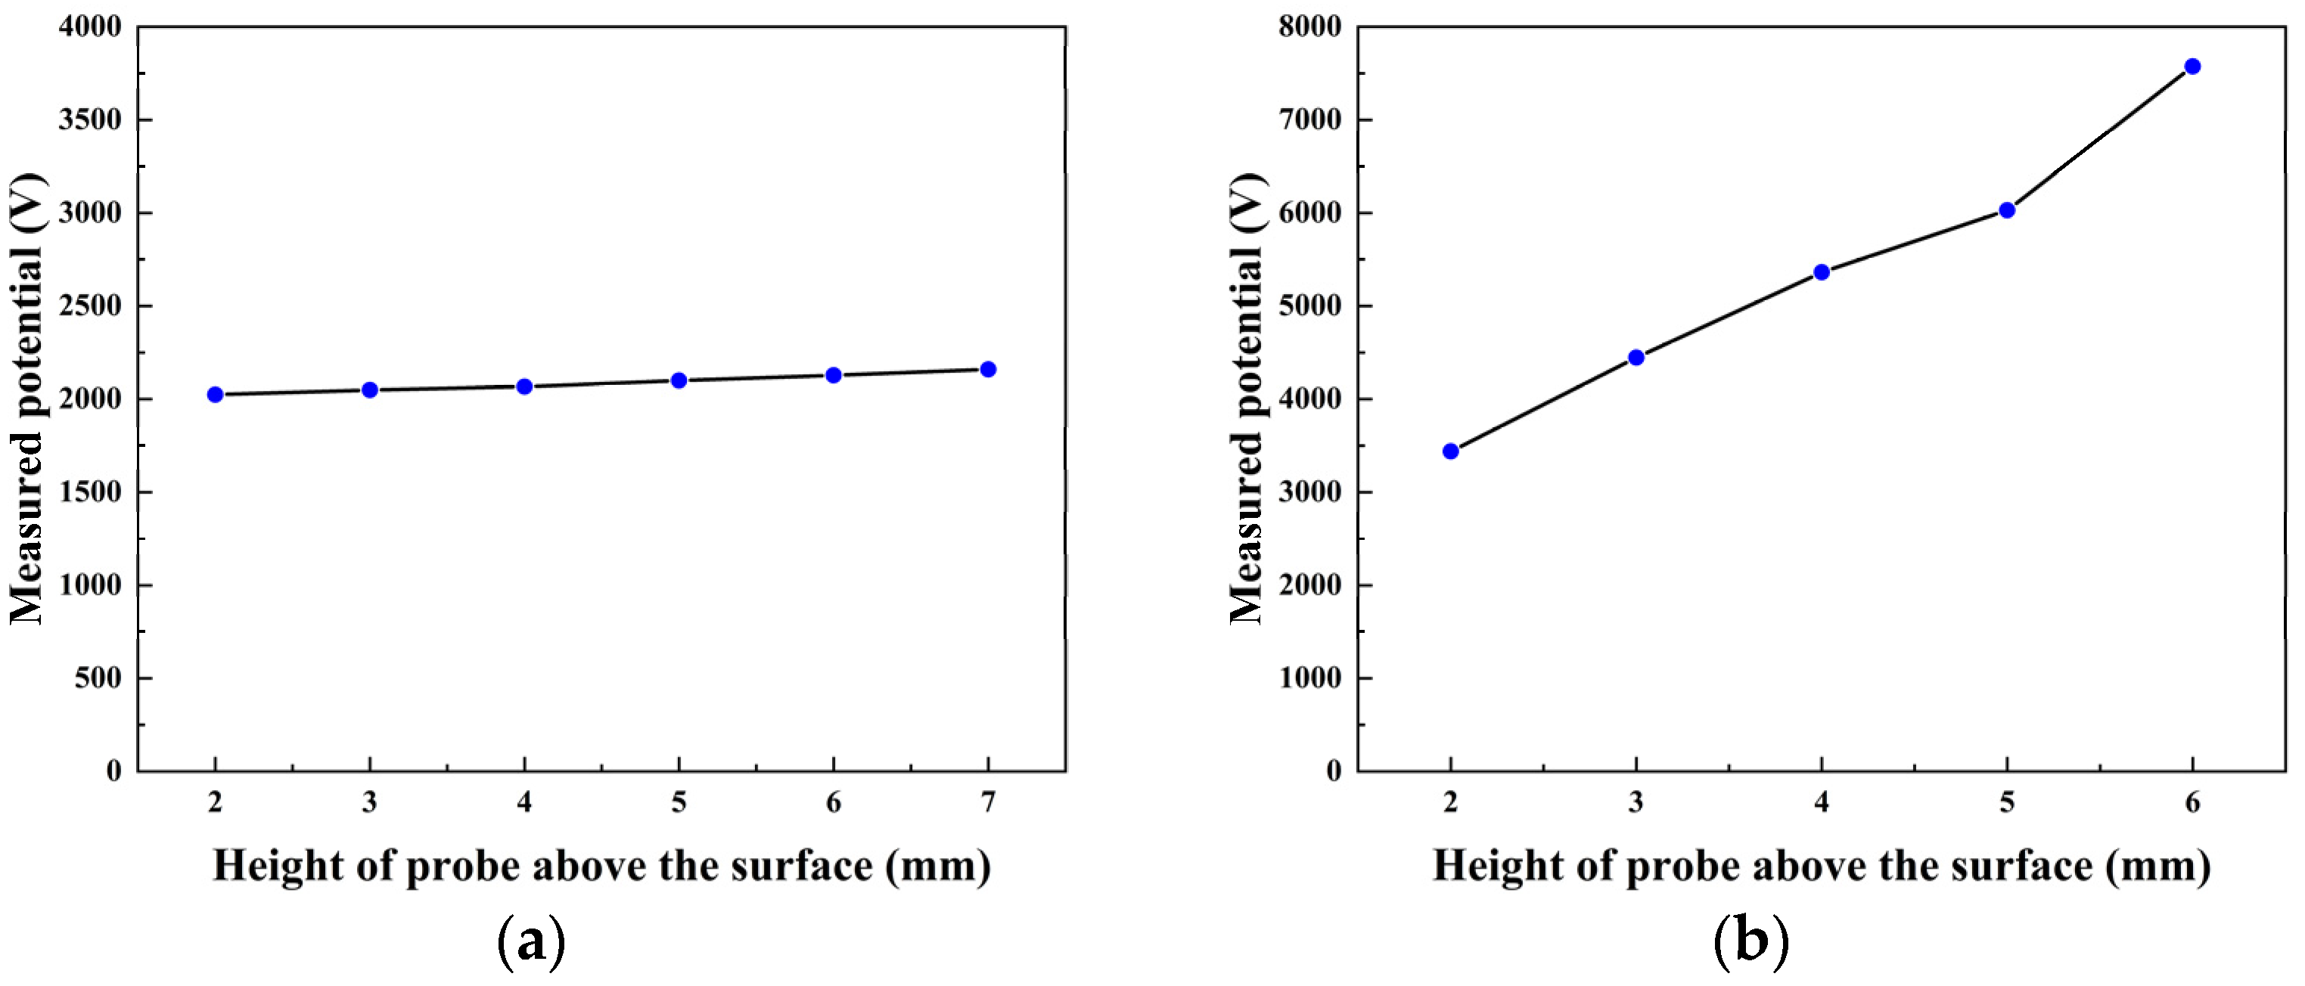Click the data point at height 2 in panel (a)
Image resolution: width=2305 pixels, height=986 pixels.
point(215,395)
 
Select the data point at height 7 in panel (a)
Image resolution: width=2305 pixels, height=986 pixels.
point(988,370)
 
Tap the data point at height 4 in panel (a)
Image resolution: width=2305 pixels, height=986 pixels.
point(524,386)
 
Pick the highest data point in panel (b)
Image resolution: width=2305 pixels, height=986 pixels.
point(2192,67)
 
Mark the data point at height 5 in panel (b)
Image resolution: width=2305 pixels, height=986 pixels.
point(2007,210)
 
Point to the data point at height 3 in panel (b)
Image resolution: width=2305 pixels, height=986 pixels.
point(1636,358)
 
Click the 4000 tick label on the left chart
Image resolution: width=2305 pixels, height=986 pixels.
point(89,26)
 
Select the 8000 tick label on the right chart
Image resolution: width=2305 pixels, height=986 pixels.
point(1310,26)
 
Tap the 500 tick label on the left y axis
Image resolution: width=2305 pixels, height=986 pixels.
point(98,678)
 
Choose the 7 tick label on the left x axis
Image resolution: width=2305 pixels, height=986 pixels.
point(988,802)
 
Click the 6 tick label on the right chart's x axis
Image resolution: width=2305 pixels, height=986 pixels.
point(2192,802)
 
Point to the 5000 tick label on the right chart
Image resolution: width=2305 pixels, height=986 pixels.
point(1310,306)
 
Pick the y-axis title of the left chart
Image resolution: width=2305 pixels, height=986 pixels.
point(26,398)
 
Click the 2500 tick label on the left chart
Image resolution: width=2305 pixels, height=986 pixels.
point(89,306)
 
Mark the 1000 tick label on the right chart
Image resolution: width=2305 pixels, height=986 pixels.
point(1310,678)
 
